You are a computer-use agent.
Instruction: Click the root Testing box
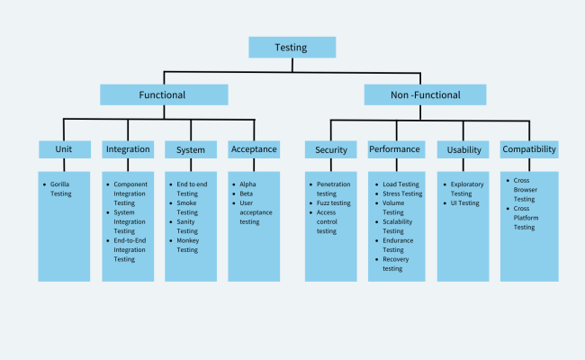292,47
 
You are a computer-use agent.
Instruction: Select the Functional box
163,94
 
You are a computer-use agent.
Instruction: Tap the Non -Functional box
425,94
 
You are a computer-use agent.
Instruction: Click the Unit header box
63,149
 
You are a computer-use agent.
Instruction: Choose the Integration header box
128,149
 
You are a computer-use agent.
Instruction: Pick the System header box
191,149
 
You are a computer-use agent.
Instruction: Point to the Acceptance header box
254,149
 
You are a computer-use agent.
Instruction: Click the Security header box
331,149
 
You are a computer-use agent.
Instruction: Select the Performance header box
395,149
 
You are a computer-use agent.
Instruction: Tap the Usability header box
463,149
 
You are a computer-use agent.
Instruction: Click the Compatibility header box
529,149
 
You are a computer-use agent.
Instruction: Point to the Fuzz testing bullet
335,202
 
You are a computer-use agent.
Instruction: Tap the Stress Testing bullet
401,193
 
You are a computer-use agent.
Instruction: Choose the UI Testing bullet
464,202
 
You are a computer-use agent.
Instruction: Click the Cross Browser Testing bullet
526,189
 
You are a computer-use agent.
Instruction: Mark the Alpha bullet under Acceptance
247,184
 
